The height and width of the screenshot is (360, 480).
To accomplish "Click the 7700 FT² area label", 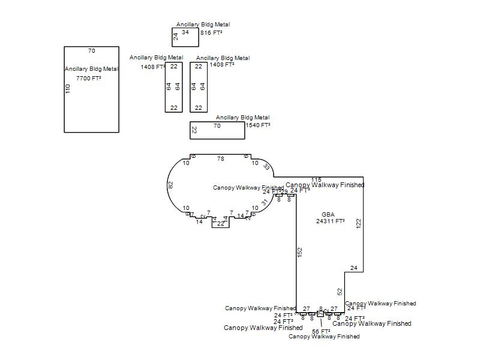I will tap(88, 79).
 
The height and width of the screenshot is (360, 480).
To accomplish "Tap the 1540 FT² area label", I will tap(258, 125).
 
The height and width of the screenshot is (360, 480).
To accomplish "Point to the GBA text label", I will tap(328, 214).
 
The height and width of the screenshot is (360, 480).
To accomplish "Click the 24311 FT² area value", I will tap(331, 221).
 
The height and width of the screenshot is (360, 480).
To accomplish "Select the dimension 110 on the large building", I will tap(68, 89).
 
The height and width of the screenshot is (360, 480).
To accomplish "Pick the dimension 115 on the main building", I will tap(316, 180).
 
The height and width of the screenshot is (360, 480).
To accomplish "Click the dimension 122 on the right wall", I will tap(358, 223).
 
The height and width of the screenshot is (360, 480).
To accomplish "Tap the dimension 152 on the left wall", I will tap(300, 253).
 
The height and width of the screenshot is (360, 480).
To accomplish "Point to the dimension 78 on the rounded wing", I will tap(221, 159).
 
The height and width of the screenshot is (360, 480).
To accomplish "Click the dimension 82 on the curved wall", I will tap(170, 185).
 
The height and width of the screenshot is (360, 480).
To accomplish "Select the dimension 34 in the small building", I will tap(185, 32).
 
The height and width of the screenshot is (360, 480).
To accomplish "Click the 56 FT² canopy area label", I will tap(321, 331).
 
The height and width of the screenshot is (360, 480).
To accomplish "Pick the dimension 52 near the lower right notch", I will tap(340, 292).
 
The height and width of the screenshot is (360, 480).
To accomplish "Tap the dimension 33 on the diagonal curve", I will tap(266, 167).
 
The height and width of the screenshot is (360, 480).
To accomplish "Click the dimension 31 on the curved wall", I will tap(264, 203).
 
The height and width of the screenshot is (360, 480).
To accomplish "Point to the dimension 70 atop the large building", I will tap(92, 51).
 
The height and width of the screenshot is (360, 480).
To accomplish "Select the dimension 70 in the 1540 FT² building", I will tap(217, 126).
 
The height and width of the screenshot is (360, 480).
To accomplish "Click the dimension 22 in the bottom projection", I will tap(220, 224).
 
